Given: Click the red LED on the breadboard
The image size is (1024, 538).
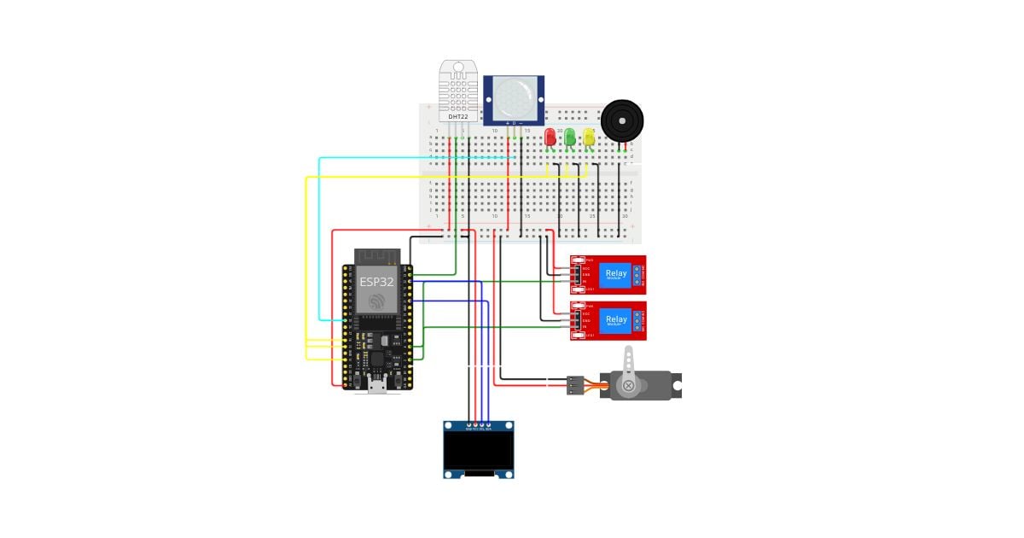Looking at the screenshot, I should pyautogui.click(x=550, y=137).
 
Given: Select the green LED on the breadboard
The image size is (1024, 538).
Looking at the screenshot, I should pyautogui.click(x=570, y=137).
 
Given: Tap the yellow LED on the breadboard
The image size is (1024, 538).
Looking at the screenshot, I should pyautogui.click(x=589, y=137).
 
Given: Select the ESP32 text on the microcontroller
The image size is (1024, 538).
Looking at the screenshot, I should pyautogui.click(x=376, y=281).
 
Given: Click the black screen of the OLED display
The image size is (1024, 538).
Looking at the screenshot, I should pyautogui.click(x=478, y=450).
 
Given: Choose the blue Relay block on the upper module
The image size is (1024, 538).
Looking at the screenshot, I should pyautogui.click(x=615, y=274).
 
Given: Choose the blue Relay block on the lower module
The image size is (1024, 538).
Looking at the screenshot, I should pyautogui.click(x=615, y=320).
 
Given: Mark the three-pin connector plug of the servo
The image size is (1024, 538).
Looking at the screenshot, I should pyautogui.click(x=575, y=386).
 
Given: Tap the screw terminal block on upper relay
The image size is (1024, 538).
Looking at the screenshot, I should pyautogui.click(x=640, y=274).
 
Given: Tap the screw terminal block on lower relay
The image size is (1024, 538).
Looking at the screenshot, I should pyautogui.click(x=640, y=320).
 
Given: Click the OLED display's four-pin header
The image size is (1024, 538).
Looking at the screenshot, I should pyautogui.click(x=478, y=424).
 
